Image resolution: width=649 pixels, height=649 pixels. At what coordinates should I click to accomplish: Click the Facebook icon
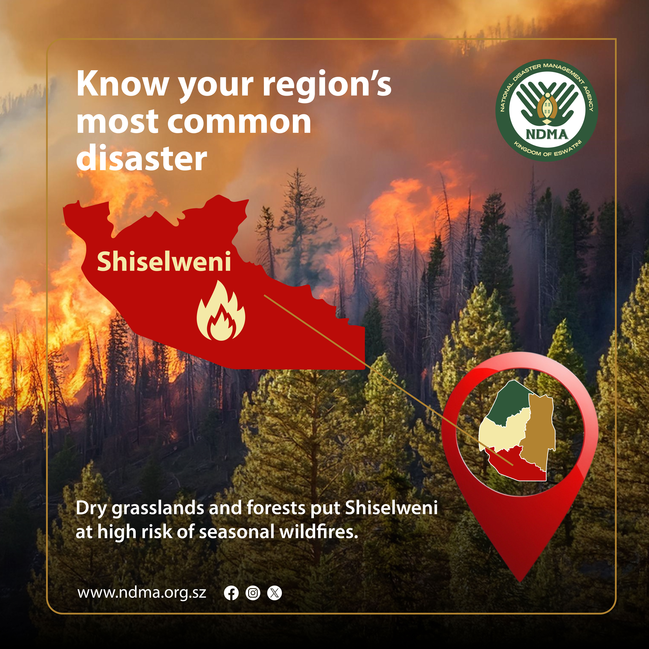click(231, 593)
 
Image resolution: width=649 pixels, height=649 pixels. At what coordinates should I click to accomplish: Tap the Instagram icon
click(253, 593)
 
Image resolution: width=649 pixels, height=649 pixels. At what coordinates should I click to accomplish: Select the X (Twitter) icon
click(274, 593)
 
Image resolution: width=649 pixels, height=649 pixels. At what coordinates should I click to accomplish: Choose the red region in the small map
click(514, 465)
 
